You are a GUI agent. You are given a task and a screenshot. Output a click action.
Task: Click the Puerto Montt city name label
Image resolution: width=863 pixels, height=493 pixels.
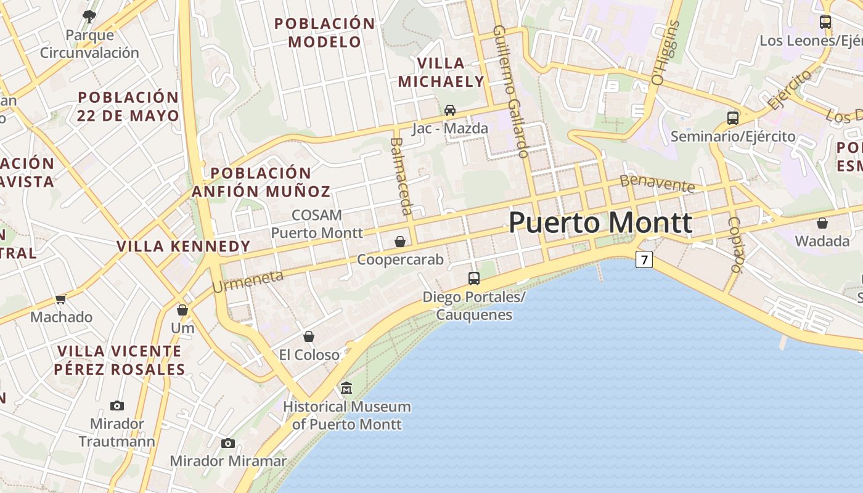[600, 222]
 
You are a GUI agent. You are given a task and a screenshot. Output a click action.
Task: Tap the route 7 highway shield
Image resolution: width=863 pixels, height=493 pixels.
[644, 260]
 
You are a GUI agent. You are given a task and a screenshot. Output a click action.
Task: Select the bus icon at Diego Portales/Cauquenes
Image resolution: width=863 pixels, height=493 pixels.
[473, 278]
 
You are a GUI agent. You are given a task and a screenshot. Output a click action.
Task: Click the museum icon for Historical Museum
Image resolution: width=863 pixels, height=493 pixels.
[346, 388]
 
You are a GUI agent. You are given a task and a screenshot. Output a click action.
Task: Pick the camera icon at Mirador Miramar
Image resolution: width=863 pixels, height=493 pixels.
[228, 443]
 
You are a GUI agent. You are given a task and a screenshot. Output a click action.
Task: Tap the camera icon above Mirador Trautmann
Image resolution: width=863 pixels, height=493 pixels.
[117, 405]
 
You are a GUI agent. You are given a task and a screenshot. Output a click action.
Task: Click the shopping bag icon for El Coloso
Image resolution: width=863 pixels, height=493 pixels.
[309, 336]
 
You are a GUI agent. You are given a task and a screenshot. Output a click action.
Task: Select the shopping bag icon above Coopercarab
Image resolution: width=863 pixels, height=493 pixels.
[400, 242]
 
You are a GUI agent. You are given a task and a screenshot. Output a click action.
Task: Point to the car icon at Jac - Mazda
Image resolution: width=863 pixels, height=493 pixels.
[450, 110]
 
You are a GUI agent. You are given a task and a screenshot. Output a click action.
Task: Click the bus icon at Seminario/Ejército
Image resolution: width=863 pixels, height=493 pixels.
[733, 118]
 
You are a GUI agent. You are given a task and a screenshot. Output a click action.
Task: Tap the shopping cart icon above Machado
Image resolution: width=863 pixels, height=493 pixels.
[60, 299]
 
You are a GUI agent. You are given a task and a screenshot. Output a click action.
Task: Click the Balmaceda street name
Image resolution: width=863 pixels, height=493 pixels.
[400, 176]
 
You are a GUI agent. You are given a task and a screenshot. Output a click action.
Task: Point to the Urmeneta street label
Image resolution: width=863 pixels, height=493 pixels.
[247, 281]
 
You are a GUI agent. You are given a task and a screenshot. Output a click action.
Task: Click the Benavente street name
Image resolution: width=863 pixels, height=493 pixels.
[657, 183]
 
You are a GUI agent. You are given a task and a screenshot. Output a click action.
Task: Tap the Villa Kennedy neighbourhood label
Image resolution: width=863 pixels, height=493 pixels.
[184, 246]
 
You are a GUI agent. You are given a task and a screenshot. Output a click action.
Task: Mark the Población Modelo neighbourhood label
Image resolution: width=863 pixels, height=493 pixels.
[325, 33]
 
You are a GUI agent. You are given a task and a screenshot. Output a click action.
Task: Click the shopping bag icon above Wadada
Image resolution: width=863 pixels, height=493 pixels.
[822, 222]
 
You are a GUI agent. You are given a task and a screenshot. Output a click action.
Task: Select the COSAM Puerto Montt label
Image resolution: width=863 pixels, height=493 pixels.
[317, 224]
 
